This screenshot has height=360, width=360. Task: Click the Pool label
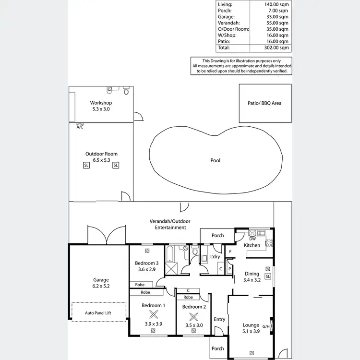[x=216, y=160]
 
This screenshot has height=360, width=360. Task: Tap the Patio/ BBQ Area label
[x=265, y=103]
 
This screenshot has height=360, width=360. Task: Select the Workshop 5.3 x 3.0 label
[x=101, y=106]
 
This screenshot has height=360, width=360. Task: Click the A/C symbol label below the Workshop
[x=80, y=127]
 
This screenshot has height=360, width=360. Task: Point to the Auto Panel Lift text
[x=98, y=312]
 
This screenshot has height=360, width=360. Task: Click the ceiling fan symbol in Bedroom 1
[x=154, y=315]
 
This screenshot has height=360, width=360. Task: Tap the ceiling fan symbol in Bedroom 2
[x=193, y=317]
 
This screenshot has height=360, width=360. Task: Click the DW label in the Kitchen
[x=252, y=239]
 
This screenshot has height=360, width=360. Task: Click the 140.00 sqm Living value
[x=277, y=4]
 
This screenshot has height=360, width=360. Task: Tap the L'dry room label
[x=215, y=257]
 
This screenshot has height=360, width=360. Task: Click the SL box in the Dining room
[x=267, y=276]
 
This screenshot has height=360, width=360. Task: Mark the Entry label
[x=219, y=319]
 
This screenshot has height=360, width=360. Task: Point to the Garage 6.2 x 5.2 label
[x=101, y=283]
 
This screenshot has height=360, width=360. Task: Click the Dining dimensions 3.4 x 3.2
[x=252, y=280]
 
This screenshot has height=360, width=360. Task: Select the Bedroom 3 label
[x=146, y=263]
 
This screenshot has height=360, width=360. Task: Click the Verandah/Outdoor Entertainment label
[x=168, y=224]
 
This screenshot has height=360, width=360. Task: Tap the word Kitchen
[x=252, y=245]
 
